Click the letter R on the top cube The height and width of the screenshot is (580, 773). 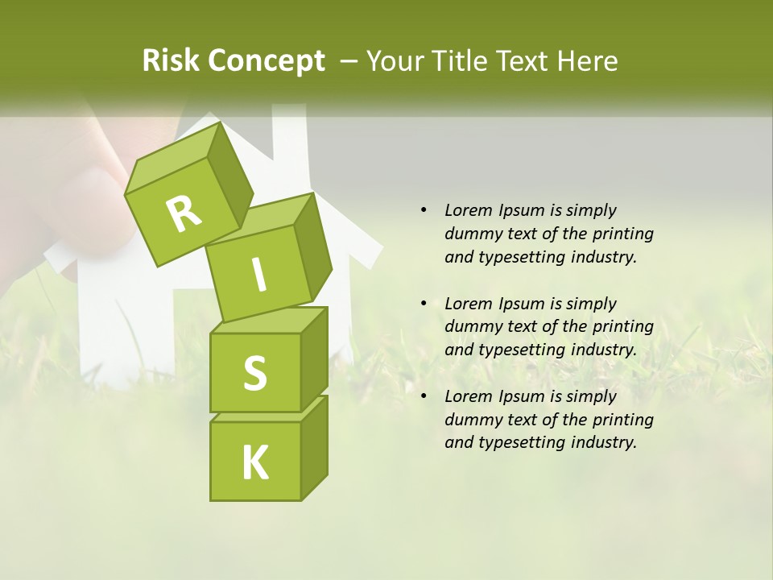184,213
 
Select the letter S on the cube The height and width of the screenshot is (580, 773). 254,373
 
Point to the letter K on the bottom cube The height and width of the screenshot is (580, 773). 254,463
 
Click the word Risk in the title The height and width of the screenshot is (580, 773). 169,61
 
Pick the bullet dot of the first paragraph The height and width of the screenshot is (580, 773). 424,210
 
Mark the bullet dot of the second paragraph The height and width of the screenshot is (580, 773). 424,304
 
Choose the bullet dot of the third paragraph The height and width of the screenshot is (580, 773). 424,396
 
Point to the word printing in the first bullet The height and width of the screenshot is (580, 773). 622,234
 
